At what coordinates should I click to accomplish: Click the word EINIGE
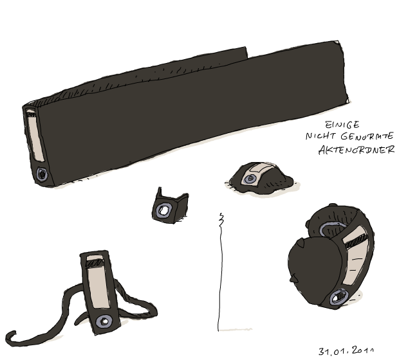coord(342,125)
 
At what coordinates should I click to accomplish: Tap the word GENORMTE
coord(367,136)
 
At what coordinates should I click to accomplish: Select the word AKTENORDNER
coord(357,150)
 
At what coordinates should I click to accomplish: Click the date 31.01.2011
coord(346,351)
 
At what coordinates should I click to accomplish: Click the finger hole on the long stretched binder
coord(42,174)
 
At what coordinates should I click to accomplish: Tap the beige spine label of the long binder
coord(35,136)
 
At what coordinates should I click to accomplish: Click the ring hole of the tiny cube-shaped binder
coord(163,210)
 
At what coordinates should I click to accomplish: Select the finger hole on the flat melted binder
coord(250,179)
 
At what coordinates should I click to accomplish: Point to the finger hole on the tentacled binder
coord(104,321)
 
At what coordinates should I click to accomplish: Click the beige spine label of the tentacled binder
coord(98,282)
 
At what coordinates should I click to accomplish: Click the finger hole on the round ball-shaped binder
coord(339,297)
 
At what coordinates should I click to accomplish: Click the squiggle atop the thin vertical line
coord(221,220)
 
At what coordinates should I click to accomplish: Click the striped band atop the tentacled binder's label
coord(95,263)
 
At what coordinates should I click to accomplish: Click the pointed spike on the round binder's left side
coord(293,278)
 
